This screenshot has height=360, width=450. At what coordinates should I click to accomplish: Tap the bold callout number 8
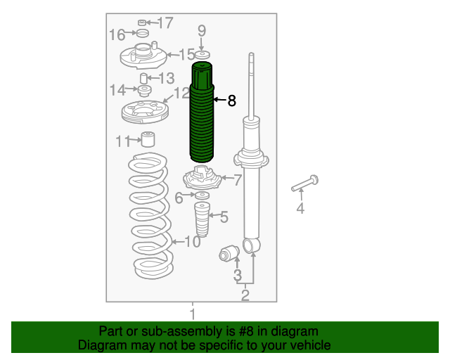pos(231,101)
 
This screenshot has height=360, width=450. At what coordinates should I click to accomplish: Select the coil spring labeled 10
pos(150,216)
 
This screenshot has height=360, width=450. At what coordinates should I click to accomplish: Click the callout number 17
pos(166,22)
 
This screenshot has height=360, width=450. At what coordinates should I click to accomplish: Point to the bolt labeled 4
pos(305,184)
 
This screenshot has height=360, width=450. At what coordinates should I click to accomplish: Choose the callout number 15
pos(186,54)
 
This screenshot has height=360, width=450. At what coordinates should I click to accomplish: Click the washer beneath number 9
pos(202,55)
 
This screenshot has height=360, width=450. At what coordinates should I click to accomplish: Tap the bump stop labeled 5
pos(202,219)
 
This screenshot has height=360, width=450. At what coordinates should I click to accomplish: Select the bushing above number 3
pos(229,253)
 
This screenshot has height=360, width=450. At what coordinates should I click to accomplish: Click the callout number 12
pos(181,93)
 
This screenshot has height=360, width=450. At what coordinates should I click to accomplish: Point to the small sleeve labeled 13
pos(143,78)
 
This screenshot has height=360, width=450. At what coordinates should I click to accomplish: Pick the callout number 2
pos(245,295)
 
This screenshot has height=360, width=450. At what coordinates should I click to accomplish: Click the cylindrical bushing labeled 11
pos(148,139)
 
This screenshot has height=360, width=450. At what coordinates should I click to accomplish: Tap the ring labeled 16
pos(142,33)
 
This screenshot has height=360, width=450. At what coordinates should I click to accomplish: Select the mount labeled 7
pos(202,179)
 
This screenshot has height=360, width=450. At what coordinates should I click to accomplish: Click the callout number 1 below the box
pos(193,314)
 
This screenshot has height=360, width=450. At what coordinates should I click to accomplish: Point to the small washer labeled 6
pos(202,195)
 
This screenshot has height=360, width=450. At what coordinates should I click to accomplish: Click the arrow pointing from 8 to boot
pos(220,100)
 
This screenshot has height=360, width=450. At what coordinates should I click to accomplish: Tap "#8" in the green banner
pos(246,331)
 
